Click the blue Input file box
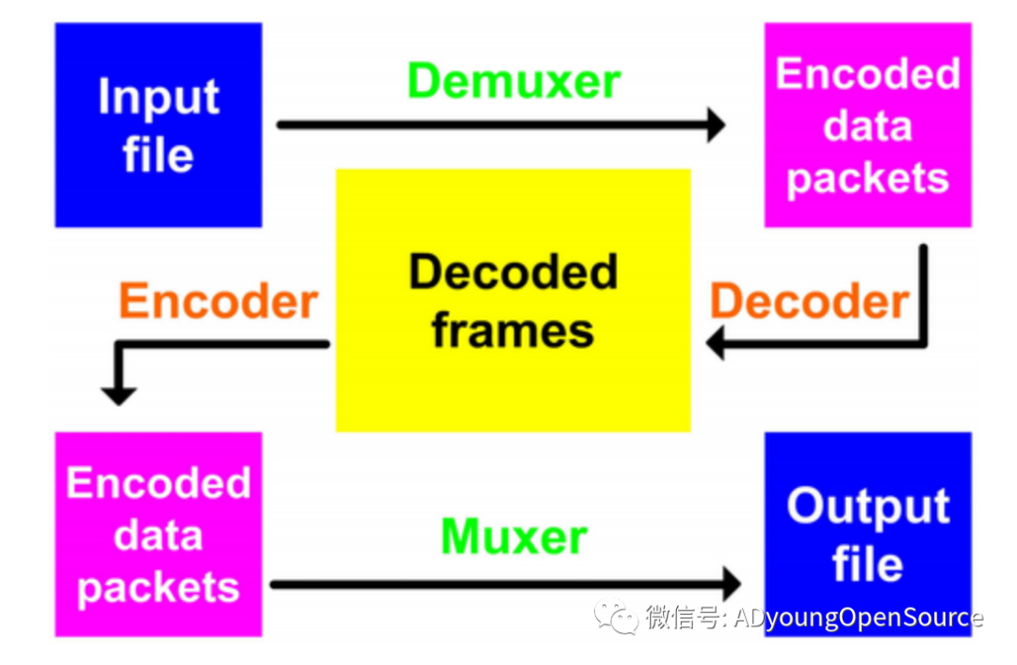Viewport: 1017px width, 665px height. click(x=158, y=125)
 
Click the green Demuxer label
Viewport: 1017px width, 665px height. click(x=514, y=81)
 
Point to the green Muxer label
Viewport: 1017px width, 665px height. click(x=514, y=537)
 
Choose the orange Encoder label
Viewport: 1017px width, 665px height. click(x=218, y=301)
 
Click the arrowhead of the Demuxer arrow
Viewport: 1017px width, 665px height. click(x=716, y=124)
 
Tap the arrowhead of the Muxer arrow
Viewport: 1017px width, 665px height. click(x=731, y=582)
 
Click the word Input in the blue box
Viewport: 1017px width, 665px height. click(x=158, y=97)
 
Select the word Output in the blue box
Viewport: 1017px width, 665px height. click(x=867, y=507)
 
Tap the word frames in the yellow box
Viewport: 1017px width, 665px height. click(x=513, y=331)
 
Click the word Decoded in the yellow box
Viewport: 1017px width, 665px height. click(x=513, y=273)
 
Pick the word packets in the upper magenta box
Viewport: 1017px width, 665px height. click(x=867, y=178)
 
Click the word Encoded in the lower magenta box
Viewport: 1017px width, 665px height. click(x=158, y=483)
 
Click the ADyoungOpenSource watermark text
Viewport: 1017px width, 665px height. click(x=857, y=617)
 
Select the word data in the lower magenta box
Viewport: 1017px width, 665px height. click(x=158, y=535)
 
